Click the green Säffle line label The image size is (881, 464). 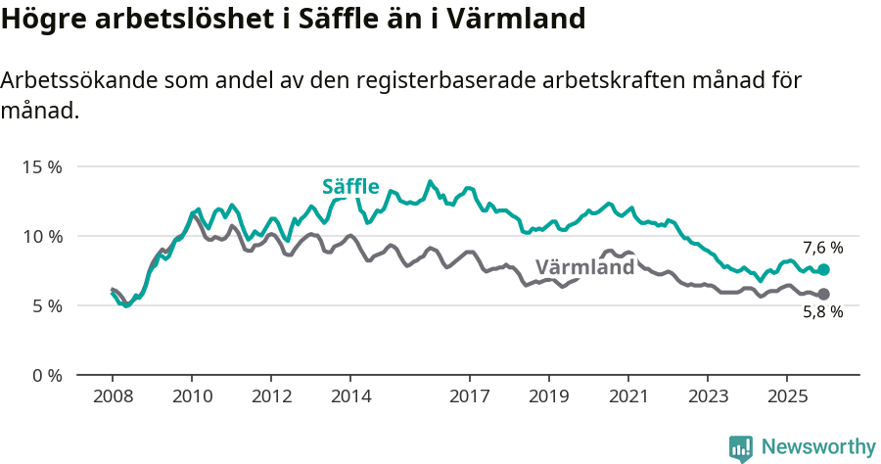click(351, 187)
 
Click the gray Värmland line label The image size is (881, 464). click(585, 267)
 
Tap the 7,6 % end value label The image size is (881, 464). click(822, 248)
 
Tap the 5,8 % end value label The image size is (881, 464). click(822, 312)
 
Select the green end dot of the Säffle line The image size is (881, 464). click(824, 269)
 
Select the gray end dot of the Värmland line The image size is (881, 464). click(824, 294)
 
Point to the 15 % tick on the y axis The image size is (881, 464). click(41, 166)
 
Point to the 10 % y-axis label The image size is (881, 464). click(41, 236)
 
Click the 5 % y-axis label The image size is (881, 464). click(45, 305)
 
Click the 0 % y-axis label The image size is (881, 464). click(45, 375)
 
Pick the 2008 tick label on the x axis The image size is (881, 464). click(113, 396)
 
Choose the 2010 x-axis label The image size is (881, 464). click(192, 396)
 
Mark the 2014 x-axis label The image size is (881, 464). click(350, 396)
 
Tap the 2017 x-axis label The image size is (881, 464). click(470, 396)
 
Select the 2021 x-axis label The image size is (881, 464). click(628, 396)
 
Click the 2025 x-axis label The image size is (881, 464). click(787, 396)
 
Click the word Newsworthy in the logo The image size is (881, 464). click(818, 446)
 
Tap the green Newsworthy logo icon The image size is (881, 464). click(741, 447)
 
